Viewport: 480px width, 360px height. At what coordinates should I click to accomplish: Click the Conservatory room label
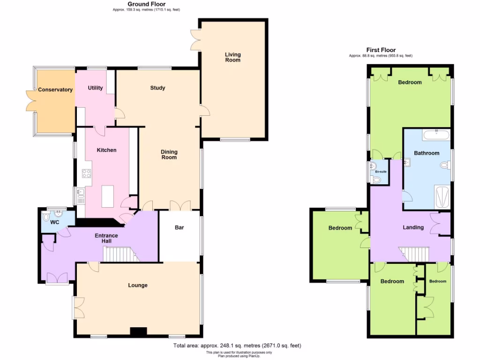[55, 90]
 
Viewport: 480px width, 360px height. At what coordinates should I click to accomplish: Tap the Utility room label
[95, 88]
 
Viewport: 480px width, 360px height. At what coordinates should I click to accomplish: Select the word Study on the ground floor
[157, 88]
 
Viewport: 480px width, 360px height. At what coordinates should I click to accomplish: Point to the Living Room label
[232, 57]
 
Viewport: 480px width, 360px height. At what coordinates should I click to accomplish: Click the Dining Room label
[169, 154]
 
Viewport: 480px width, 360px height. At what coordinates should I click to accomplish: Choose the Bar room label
[179, 228]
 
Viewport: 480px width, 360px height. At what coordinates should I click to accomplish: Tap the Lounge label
[138, 285]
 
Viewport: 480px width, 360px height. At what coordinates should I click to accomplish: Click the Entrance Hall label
[106, 238]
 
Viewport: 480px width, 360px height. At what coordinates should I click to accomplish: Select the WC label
[55, 222]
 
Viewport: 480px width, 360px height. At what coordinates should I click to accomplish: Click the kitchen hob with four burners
[87, 173]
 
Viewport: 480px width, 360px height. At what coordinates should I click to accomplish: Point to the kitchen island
[107, 196]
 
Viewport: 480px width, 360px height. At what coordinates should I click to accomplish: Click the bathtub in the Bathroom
[436, 136]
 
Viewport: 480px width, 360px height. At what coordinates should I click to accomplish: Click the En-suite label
[381, 172]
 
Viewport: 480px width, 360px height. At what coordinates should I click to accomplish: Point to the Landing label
[413, 227]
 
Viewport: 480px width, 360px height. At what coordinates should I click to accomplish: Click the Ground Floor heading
[147, 4]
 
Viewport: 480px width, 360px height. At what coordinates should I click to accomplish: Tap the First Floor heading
[381, 50]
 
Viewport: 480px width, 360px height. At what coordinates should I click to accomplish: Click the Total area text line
[237, 345]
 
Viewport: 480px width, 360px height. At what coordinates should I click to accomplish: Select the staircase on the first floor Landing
[415, 254]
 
